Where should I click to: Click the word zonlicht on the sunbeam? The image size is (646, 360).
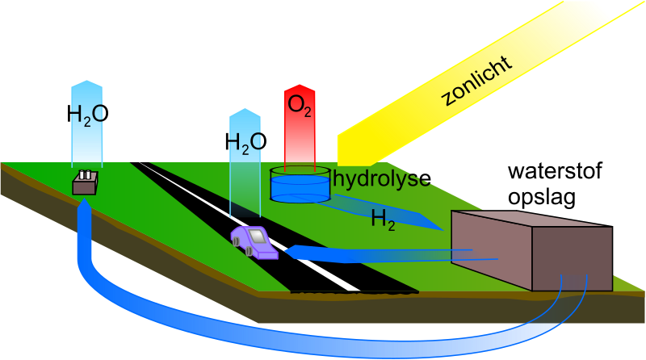coord(477,82)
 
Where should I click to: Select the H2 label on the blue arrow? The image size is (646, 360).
coord(383,218)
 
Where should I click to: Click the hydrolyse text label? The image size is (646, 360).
coord(380,178)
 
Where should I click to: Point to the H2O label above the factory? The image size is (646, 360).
coord(86,116)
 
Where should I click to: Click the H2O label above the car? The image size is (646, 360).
coord(245,143)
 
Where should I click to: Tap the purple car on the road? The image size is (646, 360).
coord(254,241)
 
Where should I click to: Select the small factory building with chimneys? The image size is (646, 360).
coord(85,183)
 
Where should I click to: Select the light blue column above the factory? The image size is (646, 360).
coord(86,145)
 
